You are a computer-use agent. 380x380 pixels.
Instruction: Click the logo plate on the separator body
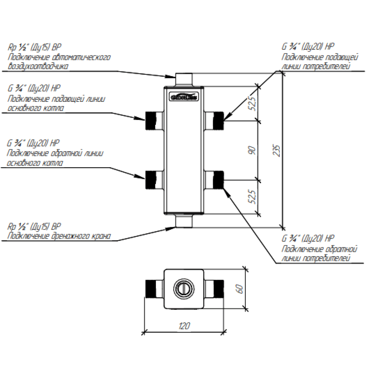(x=184, y=97)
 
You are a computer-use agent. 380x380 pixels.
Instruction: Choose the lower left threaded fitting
(x=150, y=180)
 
